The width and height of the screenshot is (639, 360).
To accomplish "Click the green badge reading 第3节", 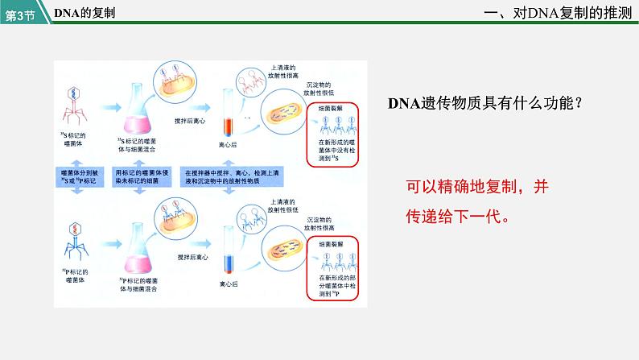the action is click(x=21, y=14).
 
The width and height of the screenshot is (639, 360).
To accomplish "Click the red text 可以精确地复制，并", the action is click(x=477, y=187).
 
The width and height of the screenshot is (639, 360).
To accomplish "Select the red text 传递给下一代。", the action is click(x=458, y=216).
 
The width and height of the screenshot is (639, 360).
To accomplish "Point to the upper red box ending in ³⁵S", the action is click(x=338, y=134).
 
